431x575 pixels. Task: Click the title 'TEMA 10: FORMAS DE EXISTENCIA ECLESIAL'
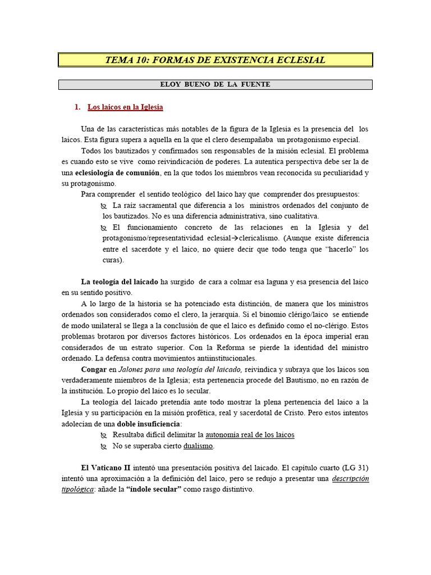pyautogui.click(x=215, y=60)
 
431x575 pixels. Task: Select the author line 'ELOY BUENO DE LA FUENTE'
pyautogui.click(x=215, y=84)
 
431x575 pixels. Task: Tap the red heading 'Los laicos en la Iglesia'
pyautogui.click(x=125, y=107)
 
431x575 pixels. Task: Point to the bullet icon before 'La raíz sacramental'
pyautogui.click(x=104, y=206)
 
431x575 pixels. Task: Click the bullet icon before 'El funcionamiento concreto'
pyautogui.click(x=104, y=227)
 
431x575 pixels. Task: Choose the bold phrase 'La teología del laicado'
pyautogui.click(x=120, y=281)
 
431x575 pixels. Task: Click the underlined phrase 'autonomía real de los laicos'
pyautogui.click(x=250, y=435)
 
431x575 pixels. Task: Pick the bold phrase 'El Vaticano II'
pyautogui.click(x=104, y=468)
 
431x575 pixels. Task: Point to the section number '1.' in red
pyautogui.click(x=78, y=107)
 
